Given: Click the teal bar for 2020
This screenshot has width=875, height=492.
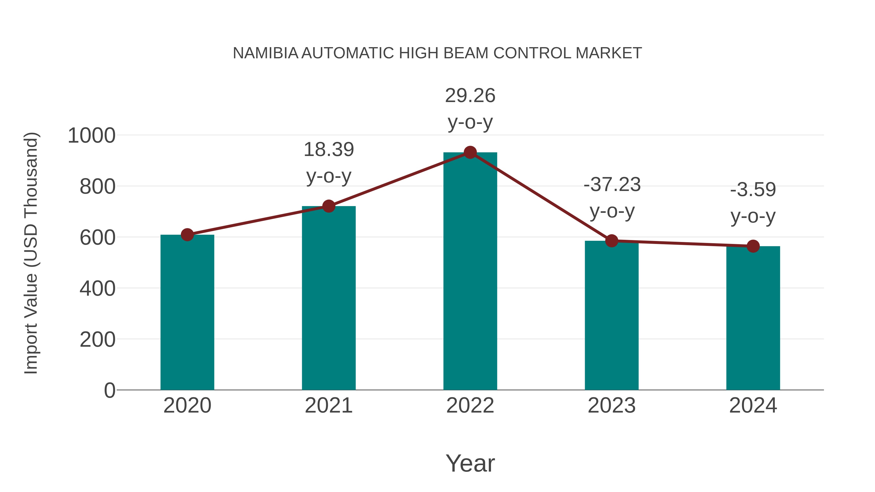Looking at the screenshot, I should pos(187,312).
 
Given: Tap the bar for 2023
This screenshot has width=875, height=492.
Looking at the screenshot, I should pos(612,316).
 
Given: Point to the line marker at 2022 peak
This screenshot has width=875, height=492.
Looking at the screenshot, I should pos(470,152).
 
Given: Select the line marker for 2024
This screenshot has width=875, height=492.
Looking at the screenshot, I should pos(753,246).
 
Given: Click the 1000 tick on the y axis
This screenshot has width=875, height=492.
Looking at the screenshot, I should pos(91,136).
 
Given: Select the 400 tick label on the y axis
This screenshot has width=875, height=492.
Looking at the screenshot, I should pos(97,289).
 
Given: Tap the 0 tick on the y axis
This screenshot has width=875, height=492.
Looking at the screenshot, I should pos(109,390).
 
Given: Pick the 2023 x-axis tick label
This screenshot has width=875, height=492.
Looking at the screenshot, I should pos(612,406).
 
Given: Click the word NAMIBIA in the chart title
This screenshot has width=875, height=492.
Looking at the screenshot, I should pos(265,53).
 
